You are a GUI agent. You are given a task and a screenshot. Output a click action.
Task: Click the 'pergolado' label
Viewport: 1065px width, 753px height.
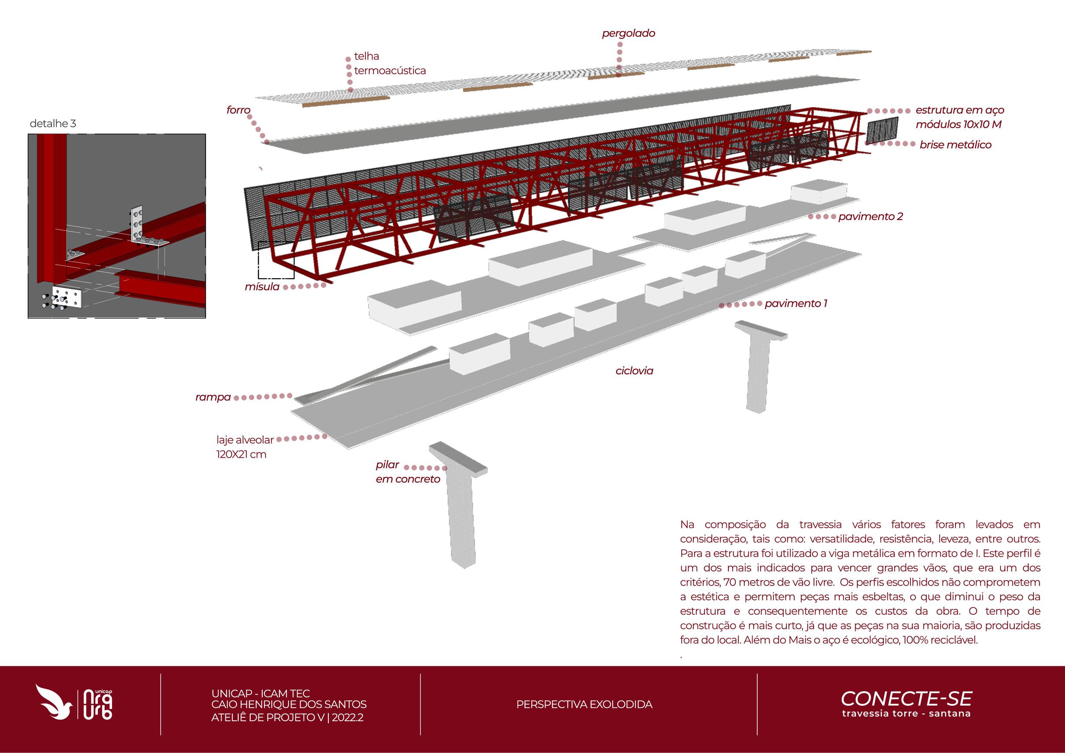[x=628, y=33]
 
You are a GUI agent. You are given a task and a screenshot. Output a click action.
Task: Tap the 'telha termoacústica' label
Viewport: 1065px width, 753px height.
[x=390, y=64]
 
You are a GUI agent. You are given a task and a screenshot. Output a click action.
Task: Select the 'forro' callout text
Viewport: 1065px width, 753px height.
[x=238, y=110]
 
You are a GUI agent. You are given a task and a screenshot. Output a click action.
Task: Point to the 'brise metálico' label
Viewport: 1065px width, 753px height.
[x=956, y=145]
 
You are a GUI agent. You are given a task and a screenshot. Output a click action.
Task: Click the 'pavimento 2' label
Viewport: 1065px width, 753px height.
[x=870, y=217]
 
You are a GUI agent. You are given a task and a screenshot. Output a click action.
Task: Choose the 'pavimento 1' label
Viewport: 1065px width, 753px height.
[x=796, y=304]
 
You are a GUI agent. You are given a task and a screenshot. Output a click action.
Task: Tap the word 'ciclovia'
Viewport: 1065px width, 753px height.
[x=634, y=370]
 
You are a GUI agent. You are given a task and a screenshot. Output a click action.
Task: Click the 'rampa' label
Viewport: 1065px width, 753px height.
[x=213, y=397]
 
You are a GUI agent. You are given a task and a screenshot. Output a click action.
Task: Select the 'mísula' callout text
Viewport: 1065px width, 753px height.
[x=262, y=287]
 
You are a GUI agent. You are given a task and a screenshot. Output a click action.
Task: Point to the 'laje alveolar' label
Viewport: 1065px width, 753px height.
[x=245, y=440]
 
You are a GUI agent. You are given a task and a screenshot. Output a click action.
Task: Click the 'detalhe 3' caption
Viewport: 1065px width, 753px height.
[x=52, y=123]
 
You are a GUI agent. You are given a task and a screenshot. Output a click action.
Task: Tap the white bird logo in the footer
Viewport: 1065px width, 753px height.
[x=54, y=701]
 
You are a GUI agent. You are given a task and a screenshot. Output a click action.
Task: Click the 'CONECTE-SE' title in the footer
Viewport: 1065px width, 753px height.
[x=906, y=699]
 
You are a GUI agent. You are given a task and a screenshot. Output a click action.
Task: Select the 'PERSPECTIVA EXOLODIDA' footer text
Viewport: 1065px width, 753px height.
[x=584, y=704]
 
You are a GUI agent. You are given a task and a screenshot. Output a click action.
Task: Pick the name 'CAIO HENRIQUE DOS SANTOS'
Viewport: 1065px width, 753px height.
[x=288, y=704]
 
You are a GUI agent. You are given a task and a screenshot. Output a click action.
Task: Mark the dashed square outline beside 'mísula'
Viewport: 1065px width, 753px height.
[x=276, y=260]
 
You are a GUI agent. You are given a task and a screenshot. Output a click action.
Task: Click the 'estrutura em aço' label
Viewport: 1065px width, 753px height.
[x=959, y=110]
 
